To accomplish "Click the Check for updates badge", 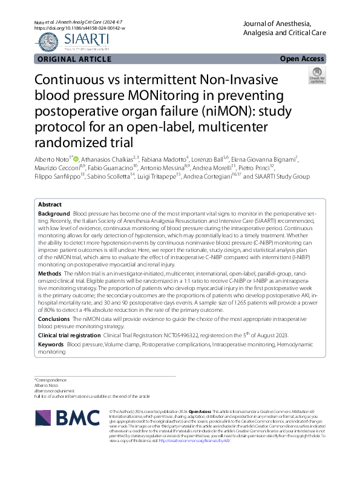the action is pos(333,75).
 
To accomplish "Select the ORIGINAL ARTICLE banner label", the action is pos(74,59).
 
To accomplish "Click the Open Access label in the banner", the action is pos(302,59).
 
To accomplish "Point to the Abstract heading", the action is pos(51,205).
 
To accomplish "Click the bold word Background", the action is pos(53,214).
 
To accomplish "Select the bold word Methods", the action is pos(50,274).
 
